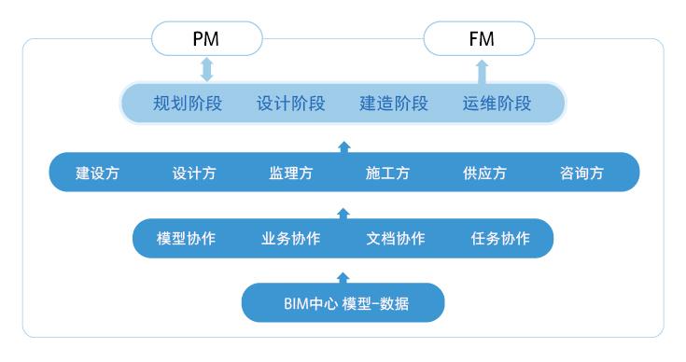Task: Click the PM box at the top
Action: click(x=207, y=40)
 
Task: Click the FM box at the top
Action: click(x=480, y=40)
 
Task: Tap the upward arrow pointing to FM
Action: click(x=481, y=70)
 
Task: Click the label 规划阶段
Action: click(x=187, y=104)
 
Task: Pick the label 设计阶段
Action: click(x=290, y=104)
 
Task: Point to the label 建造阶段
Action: click(x=394, y=104)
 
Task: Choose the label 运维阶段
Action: click(x=497, y=104)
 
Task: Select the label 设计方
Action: click(x=194, y=174)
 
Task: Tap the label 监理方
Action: click(x=291, y=174)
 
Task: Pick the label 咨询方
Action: click(x=581, y=174)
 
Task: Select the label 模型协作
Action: click(x=186, y=238)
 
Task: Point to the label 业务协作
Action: click(x=291, y=238)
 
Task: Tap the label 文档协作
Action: click(x=396, y=238)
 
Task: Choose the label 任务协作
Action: click(x=500, y=238)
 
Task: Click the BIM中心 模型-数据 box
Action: click(x=343, y=302)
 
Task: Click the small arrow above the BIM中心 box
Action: click(x=343, y=276)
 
